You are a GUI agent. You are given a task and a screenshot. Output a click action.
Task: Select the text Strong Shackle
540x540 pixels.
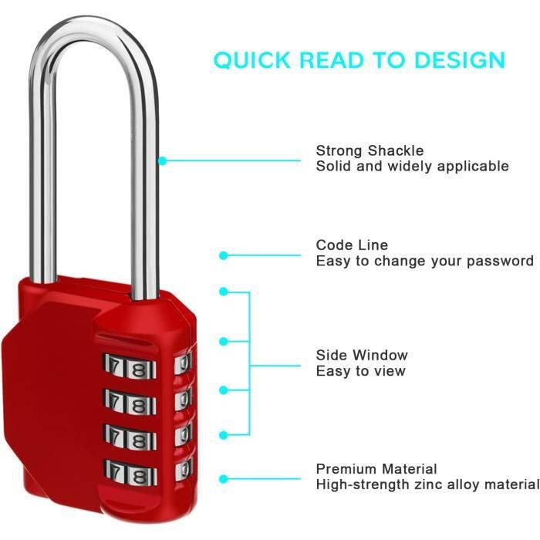(370, 150)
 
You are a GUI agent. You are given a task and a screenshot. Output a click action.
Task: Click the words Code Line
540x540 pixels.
(352, 245)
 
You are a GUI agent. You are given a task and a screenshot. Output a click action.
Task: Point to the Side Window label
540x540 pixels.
(362, 355)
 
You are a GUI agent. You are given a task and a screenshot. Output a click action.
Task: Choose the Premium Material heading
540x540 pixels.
(376, 469)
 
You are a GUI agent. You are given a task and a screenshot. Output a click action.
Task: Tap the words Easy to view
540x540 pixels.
(360, 371)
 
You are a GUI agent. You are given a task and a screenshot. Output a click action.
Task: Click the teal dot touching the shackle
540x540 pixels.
(162, 160)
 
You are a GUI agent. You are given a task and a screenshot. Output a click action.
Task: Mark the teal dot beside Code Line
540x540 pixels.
(224, 255)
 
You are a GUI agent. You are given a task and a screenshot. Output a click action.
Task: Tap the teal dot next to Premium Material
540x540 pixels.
(224, 478)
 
